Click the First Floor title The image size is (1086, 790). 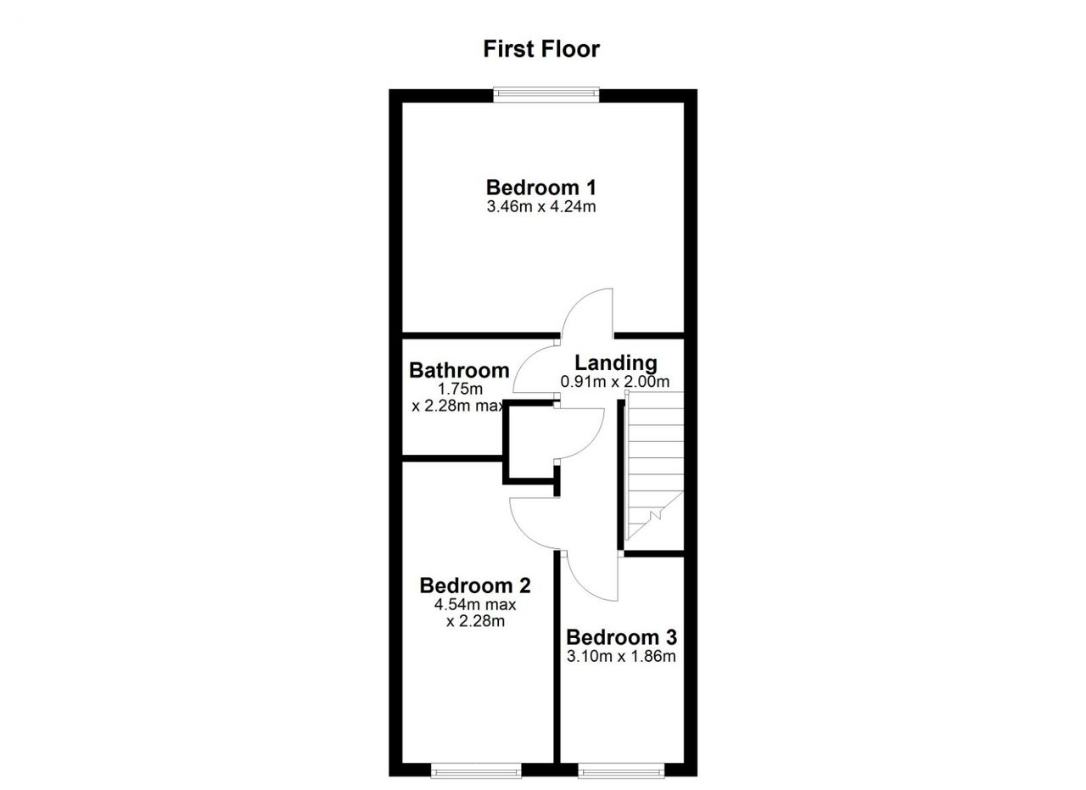pos(541,49)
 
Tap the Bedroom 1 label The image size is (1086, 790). pos(541,188)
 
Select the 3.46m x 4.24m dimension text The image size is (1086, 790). pos(541,207)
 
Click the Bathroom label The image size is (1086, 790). pos(459,370)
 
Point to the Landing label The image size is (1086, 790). pos(616,363)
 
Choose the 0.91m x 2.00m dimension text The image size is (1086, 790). pos(615,382)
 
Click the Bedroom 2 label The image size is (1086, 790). pos(475,585)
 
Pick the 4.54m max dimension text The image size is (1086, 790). pos(475,605)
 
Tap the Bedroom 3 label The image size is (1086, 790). pos(621,637)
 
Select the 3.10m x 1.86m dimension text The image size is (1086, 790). pos(621,657)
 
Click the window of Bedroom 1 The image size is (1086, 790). pos(546,94)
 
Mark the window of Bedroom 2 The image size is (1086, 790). pos(476,770)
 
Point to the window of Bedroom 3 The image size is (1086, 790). pos(621,770)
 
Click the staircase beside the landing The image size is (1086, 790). pos(653,466)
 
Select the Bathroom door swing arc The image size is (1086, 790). pos(523,358)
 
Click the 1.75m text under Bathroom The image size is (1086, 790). pos(460,389)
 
